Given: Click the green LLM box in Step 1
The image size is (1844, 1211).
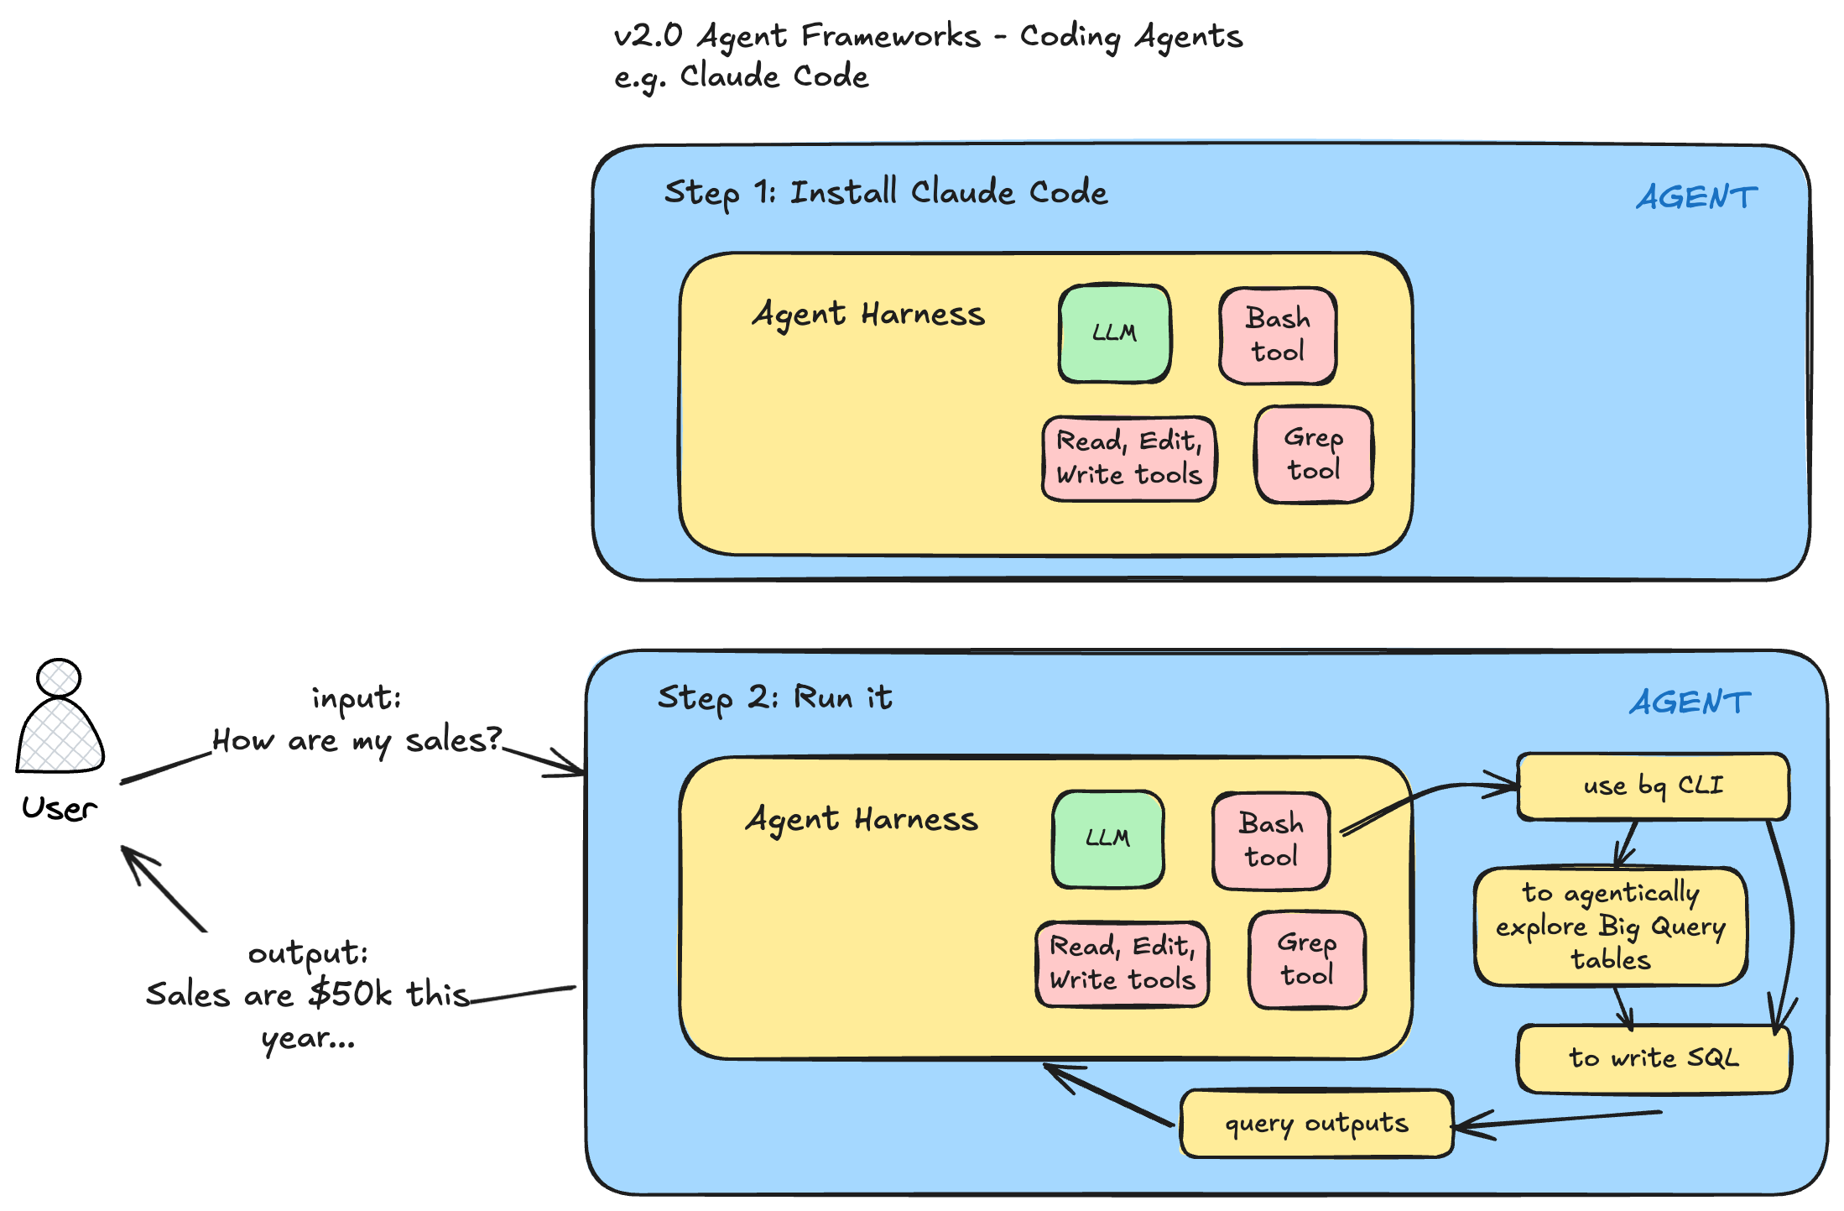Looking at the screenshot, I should (1114, 333).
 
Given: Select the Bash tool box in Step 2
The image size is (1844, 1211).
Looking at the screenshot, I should (1271, 840).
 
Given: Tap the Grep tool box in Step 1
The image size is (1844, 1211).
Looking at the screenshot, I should (1314, 454).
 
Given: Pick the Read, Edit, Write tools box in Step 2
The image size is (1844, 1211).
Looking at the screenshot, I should (1123, 963).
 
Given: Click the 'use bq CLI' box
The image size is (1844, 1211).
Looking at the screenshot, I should (1653, 786).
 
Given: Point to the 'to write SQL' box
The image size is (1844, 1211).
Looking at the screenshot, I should (1654, 1058).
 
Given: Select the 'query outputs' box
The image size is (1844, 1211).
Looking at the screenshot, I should (1316, 1124).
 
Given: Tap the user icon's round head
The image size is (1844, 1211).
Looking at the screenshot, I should (59, 677).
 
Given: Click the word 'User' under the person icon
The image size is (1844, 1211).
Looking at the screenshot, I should (59, 808).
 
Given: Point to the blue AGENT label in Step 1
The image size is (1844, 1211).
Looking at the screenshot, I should (1696, 198).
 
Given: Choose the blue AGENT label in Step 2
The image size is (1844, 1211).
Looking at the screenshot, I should (1690, 702).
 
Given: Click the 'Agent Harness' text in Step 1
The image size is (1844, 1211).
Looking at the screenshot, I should (868, 315).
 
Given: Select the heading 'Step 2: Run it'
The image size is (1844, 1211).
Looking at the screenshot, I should (774, 697).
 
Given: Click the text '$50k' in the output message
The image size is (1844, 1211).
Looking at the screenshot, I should (350, 994).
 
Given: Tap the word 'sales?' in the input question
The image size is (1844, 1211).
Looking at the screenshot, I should (453, 740).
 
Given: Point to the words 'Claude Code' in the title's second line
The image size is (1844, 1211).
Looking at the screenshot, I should (774, 76).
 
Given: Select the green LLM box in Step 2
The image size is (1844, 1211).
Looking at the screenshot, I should (1107, 838).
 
